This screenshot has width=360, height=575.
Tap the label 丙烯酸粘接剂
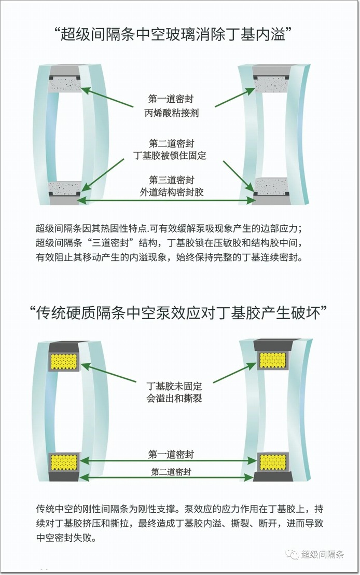(x=172, y=113)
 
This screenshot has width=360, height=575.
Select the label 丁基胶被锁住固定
(x=170, y=156)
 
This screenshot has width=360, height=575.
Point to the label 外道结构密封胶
(x=172, y=192)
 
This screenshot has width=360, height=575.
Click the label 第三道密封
(x=171, y=180)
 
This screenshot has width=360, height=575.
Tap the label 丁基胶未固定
(x=174, y=386)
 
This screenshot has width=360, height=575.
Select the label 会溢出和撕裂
(x=174, y=398)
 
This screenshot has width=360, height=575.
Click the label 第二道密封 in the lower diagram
(x=171, y=472)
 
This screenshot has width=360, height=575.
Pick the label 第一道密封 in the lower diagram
(x=171, y=455)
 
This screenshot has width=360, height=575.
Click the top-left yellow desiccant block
(x=64, y=361)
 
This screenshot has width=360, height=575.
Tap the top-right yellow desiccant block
(x=272, y=360)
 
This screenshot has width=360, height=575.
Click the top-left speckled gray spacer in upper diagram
(x=65, y=84)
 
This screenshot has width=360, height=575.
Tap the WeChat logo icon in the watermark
(x=292, y=554)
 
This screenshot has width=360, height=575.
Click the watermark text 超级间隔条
(x=323, y=554)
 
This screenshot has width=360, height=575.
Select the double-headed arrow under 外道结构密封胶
(x=167, y=200)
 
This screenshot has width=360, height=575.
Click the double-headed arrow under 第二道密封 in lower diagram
(x=167, y=477)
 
